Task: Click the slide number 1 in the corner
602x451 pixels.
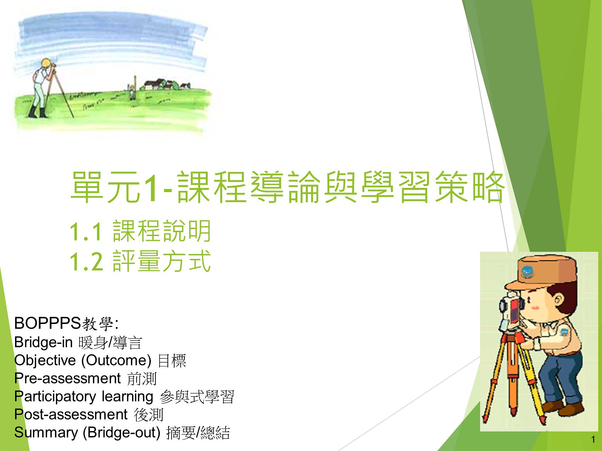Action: [x=593, y=439]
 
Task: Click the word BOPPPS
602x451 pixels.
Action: [x=47, y=323]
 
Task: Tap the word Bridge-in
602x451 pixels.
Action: [x=43, y=342]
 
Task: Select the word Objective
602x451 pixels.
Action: [x=45, y=360]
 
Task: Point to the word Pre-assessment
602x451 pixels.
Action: [x=67, y=378]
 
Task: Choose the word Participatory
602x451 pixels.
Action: [x=55, y=397]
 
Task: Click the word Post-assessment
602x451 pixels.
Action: [x=71, y=414]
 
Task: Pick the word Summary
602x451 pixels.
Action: [x=46, y=433]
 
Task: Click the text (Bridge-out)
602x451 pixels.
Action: [x=122, y=433]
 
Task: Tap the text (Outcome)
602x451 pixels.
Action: [x=116, y=360]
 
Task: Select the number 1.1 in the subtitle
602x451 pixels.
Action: [x=86, y=232]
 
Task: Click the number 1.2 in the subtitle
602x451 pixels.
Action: [x=87, y=262]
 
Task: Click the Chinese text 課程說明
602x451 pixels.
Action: [x=162, y=231]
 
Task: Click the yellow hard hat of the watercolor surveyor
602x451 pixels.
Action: [x=47, y=63]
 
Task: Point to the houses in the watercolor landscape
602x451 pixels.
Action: [x=164, y=84]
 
